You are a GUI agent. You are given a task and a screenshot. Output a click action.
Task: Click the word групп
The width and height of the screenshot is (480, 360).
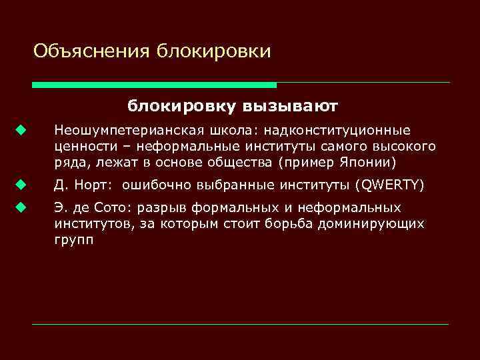tap(74, 240)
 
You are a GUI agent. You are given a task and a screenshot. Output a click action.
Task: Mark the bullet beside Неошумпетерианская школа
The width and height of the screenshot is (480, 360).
tap(21, 130)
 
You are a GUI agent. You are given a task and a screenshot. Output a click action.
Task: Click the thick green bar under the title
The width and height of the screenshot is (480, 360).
tap(154, 85)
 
